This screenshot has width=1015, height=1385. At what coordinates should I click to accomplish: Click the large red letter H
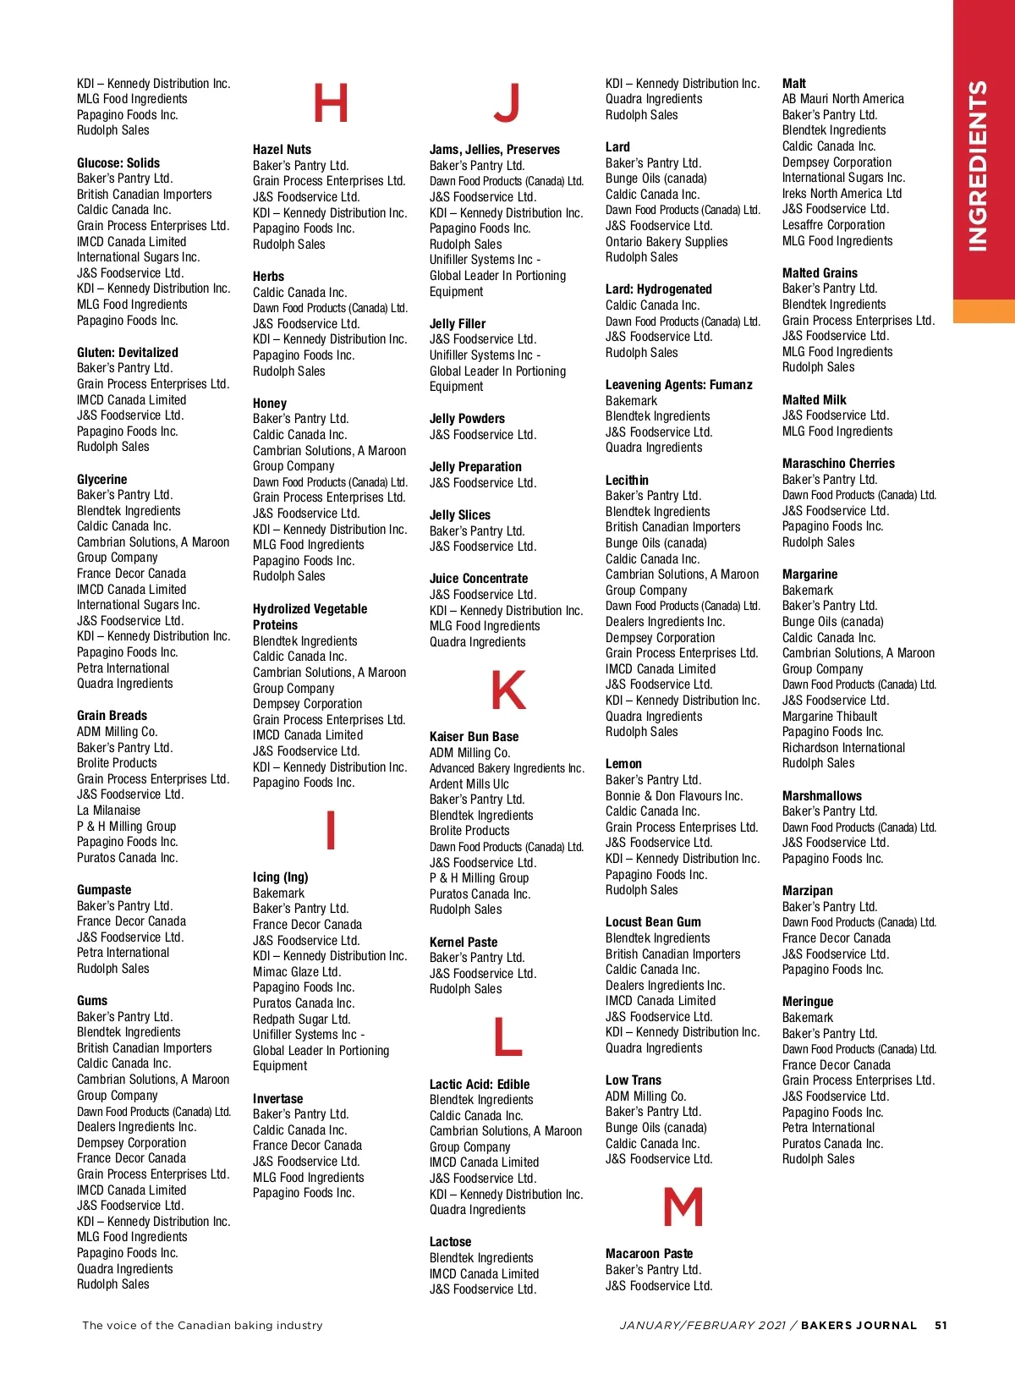coord(331,103)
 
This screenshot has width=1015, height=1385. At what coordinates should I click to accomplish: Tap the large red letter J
coord(507,103)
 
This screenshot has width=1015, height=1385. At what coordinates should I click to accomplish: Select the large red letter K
coord(507,690)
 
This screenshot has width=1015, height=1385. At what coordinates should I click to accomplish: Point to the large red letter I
coord(331,830)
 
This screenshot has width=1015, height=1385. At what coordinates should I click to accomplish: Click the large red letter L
coord(507,1037)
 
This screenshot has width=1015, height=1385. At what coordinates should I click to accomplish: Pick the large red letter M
coord(683,1207)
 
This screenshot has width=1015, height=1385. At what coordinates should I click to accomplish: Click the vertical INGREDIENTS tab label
coord(978,166)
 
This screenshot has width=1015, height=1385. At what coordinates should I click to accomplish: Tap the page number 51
coord(941,1326)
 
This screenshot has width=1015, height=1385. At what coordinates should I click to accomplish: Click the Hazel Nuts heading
coord(282,150)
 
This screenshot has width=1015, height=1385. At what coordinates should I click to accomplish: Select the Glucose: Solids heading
coord(118,163)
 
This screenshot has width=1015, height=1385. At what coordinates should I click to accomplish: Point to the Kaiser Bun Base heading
coord(474,737)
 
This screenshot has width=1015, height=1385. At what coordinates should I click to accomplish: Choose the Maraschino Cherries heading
coord(838,464)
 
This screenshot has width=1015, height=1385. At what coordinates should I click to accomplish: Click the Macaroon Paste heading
coord(649,1254)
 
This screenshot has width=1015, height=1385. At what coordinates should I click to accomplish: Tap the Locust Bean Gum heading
coord(653,922)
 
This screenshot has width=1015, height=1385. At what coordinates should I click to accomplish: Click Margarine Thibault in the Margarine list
coord(830,717)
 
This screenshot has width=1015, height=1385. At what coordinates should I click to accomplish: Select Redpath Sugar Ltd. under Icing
coord(301,1020)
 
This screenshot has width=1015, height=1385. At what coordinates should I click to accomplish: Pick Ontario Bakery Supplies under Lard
coord(667,242)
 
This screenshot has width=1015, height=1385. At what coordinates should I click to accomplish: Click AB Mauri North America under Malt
coord(842,99)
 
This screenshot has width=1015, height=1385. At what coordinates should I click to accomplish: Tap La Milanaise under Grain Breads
coord(108,811)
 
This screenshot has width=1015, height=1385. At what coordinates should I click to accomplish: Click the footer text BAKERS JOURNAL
coord(859,1326)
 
